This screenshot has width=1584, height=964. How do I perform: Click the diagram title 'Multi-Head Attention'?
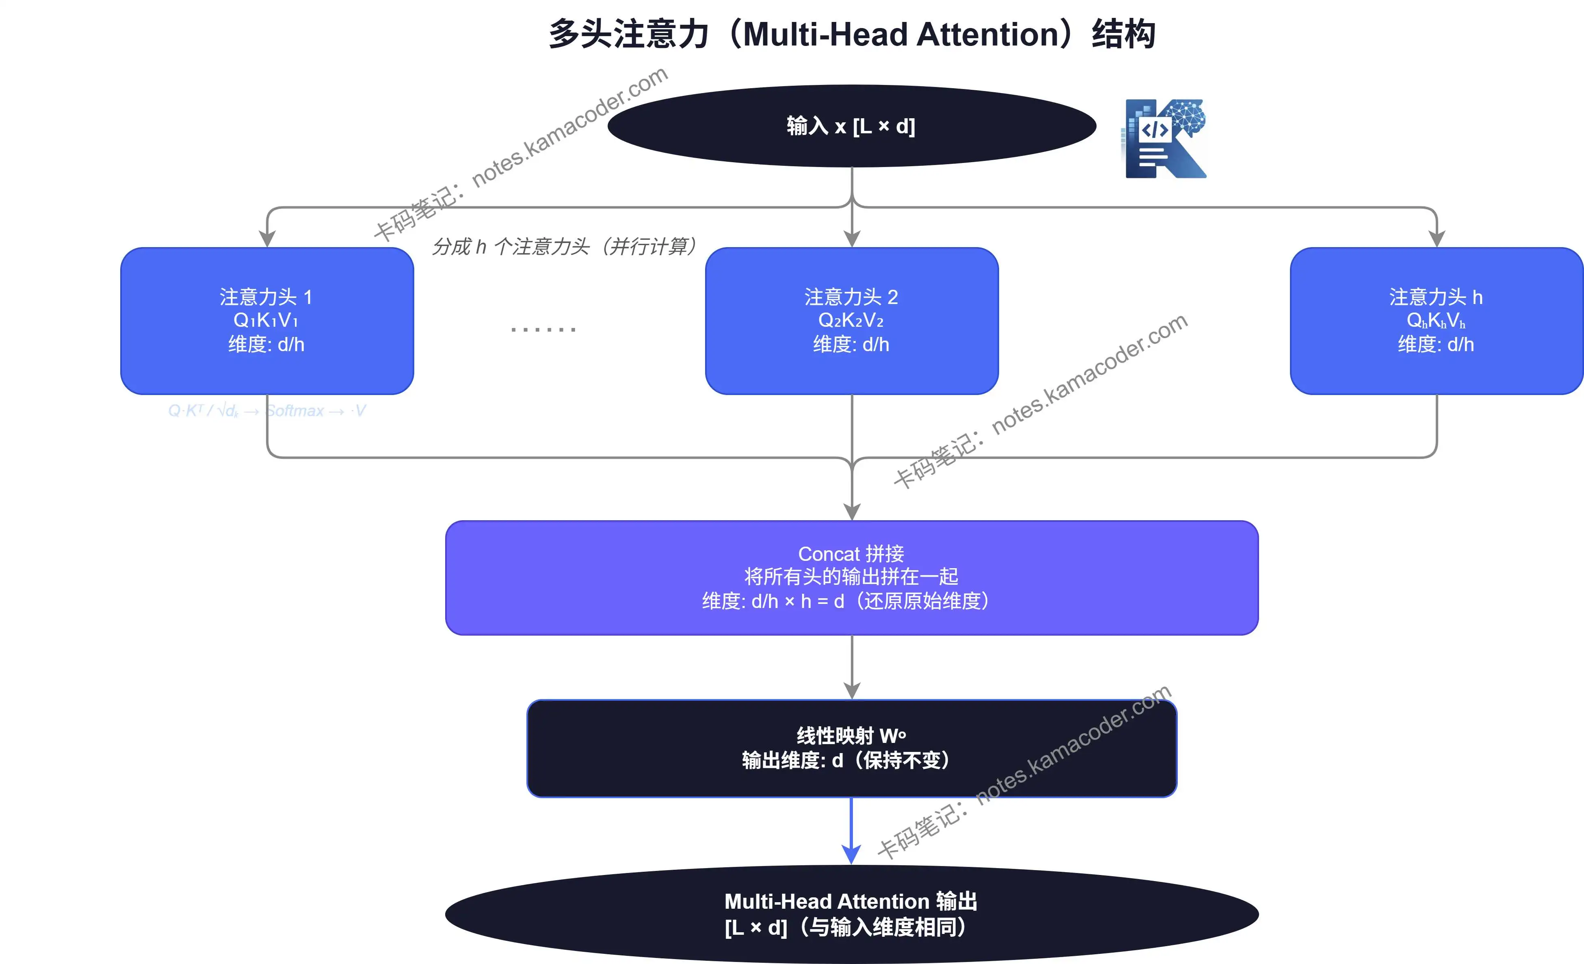[x=852, y=34]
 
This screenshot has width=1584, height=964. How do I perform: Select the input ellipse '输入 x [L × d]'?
[x=851, y=126]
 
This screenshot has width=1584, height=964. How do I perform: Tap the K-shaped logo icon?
[x=1164, y=138]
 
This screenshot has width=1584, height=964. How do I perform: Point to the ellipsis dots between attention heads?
[x=543, y=329]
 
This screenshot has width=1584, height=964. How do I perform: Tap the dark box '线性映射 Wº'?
[x=851, y=748]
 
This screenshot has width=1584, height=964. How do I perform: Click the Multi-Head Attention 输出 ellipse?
[x=851, y=914]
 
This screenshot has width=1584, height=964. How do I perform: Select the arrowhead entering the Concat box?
[x=851, y=512]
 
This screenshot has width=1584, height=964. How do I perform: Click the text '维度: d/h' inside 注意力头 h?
[x=1436, y=345]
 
